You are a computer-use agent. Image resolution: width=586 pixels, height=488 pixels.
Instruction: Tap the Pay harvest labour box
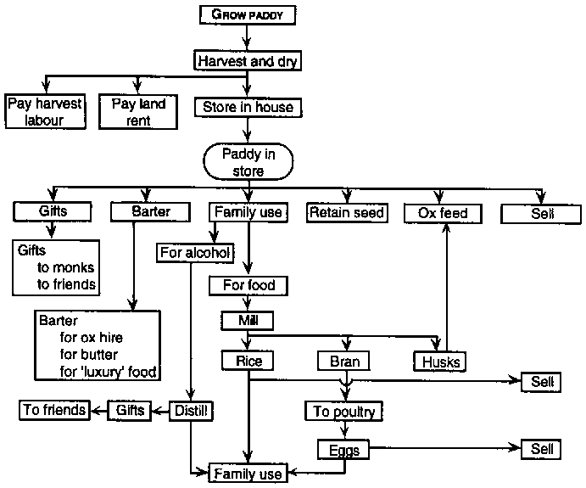(47, 112)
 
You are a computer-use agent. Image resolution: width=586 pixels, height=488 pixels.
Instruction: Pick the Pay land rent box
(139, 112)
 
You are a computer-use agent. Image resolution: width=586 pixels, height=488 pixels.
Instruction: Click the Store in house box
(247, 108)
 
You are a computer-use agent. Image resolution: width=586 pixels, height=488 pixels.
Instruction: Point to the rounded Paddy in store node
(248, 162)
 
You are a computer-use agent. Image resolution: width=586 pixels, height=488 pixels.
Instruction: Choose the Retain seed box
(347, 212)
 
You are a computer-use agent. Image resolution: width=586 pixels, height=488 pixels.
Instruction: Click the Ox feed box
(443, 213)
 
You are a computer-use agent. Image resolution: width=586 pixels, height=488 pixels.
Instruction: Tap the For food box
(248, 285)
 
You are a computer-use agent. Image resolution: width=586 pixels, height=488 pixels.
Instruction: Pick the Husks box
(440, 362)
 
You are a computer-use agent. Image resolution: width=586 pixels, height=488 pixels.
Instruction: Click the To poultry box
(344, 412)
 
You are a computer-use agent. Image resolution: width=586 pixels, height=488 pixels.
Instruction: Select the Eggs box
(343, 449)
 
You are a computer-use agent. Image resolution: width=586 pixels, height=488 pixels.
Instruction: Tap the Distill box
(192, 412)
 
